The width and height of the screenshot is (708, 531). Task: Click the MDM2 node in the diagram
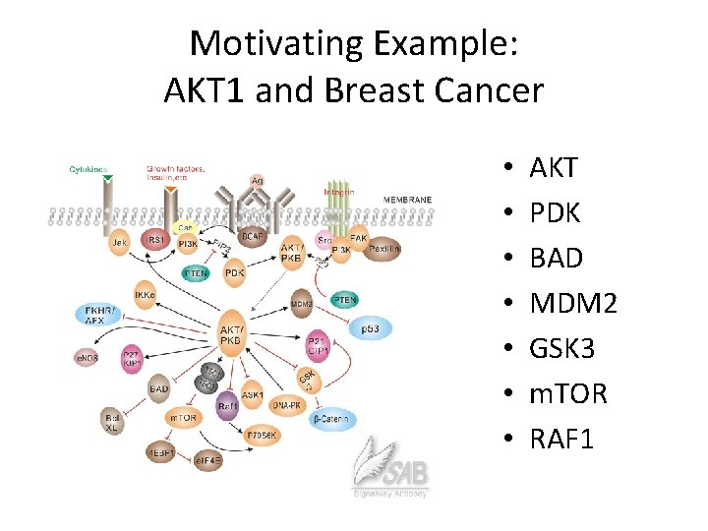pos(302,304)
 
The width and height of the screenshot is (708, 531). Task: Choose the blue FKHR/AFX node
pos(94,315)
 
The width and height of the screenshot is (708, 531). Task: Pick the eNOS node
pos(87,359)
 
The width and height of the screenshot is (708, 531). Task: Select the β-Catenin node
pos(330,420)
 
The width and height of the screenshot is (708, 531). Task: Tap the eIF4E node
pos(210,458)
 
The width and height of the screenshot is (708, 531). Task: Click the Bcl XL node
pos(113,424)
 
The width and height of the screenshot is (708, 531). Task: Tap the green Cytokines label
pos(89,169)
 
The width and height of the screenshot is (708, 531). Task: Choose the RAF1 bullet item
pos(561,439)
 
